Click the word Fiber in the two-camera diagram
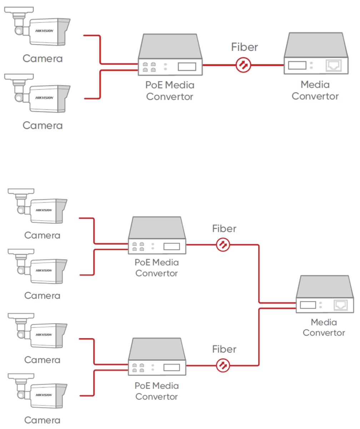pyautogui.click(x=244, y=47)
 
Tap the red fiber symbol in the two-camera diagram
pyautogui.click(x=244, y=65)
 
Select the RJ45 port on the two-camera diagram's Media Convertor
pyautogui.click(x=333, y=65)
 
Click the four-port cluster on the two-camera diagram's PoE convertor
pyautogui.click(x=149, y=67)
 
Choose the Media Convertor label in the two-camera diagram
pyautogui.click(x=315, y=90)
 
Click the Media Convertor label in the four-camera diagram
pyautogui.click(x=324, y=327)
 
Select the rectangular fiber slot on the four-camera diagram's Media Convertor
pyautogui.click(x=308, y=305)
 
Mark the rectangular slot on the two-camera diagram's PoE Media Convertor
pyautogui.click(x=187, y=66)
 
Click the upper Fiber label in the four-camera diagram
pyautogui.click(x=224, y=228)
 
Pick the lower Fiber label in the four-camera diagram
pyautogui.click(x=224, y=349)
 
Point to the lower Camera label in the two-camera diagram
pyautogui.click(x=42, y=125)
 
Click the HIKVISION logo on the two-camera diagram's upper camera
pyautogui.click(x=45, y=31)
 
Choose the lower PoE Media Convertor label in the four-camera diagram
pyautogui.click(x=156, y=391)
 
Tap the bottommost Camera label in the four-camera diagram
pyautogui.click(x=42, y=420)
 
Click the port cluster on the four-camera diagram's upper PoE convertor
pyautogui.click(x=138, y=246)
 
